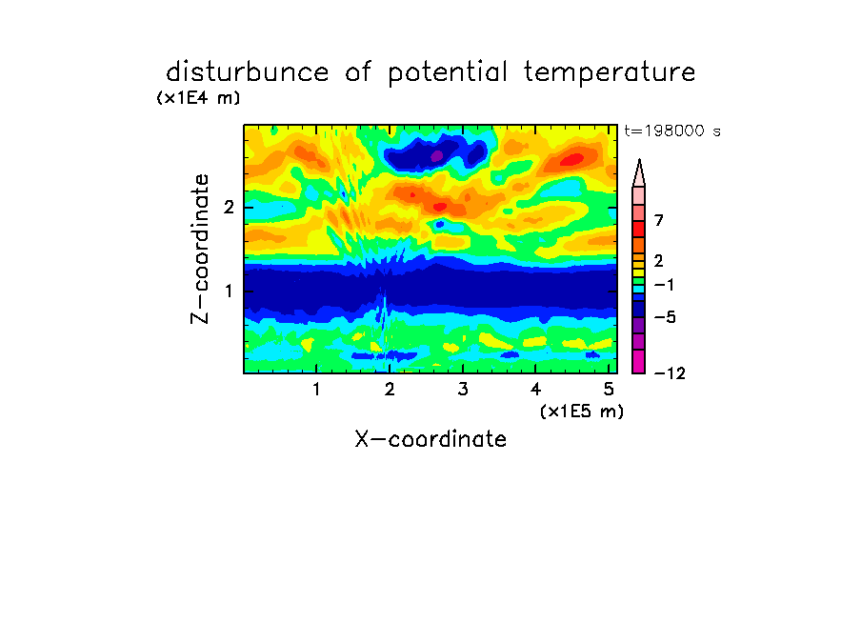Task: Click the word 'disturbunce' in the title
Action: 248,72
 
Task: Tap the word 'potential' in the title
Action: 447,72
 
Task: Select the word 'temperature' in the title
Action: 610,72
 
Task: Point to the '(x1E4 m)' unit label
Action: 198,98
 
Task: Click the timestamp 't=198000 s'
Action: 672,131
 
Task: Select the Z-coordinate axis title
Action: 199,249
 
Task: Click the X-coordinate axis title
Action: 430,439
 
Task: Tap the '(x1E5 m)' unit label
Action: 582,411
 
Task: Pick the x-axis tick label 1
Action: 316,389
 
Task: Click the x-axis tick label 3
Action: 463,389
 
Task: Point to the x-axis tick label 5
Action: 609,389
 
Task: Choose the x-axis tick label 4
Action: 535,389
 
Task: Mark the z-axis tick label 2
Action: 229,207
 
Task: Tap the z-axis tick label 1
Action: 229,291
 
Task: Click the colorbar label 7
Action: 659,220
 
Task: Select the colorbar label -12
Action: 670,373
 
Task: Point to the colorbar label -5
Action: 665,317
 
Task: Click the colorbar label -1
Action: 664,285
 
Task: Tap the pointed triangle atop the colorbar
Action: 639,173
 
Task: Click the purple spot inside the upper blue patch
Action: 436,156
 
